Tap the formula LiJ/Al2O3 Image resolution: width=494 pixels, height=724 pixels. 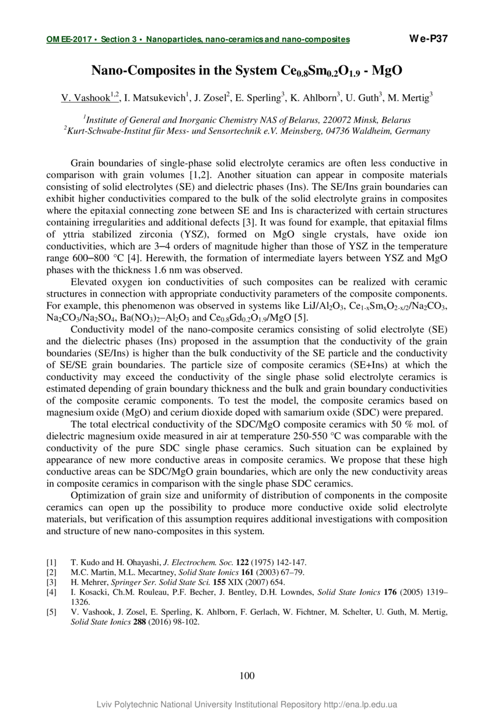302,307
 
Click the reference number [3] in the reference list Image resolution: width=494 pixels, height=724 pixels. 51,582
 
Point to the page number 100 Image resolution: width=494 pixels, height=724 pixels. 247,676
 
